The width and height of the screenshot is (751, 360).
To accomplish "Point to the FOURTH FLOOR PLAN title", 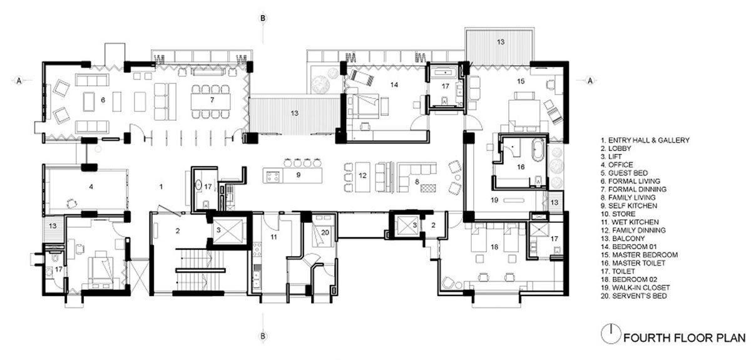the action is point(685,337).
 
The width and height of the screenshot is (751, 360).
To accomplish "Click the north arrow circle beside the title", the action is point(611,334).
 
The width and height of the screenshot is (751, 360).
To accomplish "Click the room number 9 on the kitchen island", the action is point(299,175).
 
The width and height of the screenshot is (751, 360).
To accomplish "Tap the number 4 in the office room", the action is point(91,187).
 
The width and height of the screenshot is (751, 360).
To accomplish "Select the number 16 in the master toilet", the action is point(520,167).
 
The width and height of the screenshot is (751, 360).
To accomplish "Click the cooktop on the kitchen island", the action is point(273,176).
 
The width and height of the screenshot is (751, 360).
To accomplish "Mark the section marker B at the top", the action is point(263,18).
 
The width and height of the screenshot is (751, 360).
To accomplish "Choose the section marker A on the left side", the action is point(19,81).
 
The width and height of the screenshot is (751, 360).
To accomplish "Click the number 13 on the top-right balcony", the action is point(501,42).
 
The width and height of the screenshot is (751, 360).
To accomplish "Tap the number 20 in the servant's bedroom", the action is point(325,232).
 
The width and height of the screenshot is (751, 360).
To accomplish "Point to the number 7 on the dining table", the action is point(212,100).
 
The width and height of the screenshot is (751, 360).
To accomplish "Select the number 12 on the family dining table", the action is point(362,175).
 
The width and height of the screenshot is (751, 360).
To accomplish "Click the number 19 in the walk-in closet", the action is point(494,200).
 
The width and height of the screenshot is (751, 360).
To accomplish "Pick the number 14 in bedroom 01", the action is point(394,85).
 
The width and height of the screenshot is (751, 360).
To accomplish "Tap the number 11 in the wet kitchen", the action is point(273,237).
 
